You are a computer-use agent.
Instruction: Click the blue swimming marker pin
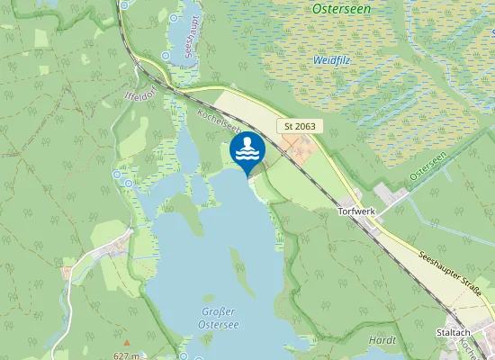click(247, 151)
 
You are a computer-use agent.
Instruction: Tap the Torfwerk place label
click(355, 211)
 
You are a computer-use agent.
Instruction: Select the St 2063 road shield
click(300, 127)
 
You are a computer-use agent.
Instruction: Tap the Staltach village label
click(453, 332)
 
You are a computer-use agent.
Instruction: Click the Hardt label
click(382, 340)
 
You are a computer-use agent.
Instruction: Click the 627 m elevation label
click(126, 355)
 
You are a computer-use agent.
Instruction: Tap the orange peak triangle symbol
click(126, 342)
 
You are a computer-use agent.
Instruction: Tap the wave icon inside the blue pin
click(247, 148)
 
